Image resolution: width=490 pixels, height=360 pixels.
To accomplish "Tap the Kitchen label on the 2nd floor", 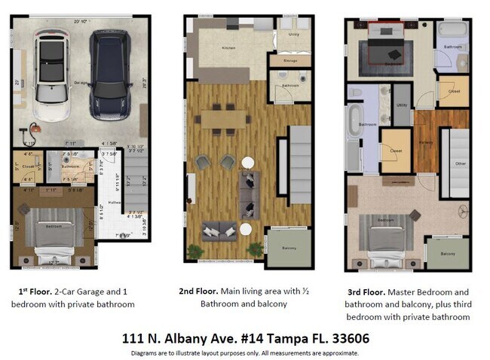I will tap(208, 47).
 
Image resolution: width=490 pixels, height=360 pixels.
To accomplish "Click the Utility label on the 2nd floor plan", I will tap(294, 34).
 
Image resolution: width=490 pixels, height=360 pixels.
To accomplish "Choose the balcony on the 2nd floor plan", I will tap(288, 248).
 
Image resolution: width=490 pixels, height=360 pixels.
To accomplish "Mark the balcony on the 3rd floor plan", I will tap(448, 254).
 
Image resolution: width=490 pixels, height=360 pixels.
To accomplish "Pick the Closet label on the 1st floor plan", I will tap(27, 166).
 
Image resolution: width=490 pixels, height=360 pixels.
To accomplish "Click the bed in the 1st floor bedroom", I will tap(51, 239).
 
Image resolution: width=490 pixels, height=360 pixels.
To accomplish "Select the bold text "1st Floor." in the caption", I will tap(35, 291).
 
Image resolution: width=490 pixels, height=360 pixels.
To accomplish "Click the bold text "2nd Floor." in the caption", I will tap(199, 291).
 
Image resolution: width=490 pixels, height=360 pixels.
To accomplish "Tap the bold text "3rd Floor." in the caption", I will tap(365, 291).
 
